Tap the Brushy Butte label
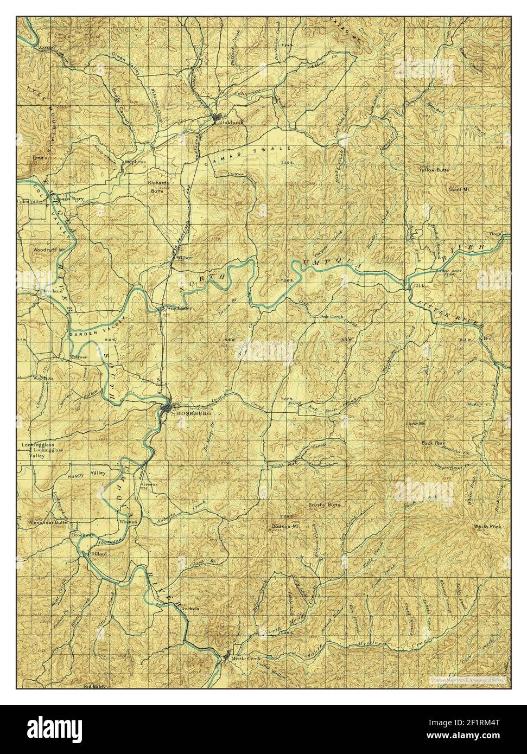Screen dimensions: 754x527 [324, 505]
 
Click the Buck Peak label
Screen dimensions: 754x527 [434, 442]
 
